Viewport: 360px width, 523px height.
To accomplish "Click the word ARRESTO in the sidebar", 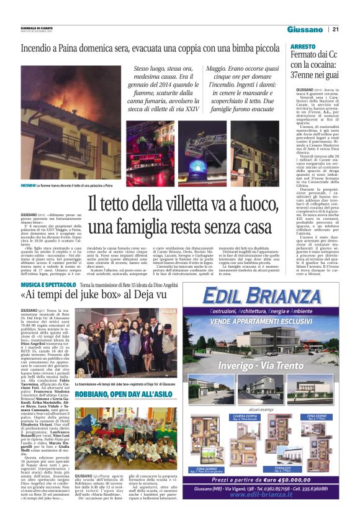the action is (303, 47).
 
